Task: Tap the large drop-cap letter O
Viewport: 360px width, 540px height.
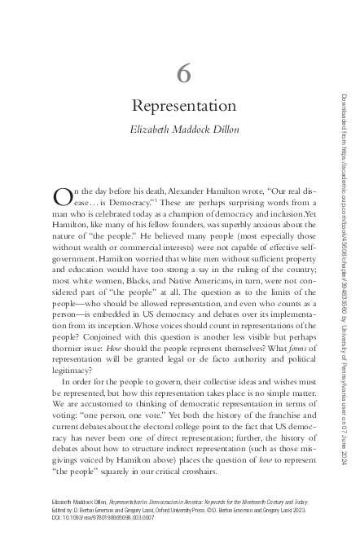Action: (x=62, y=196)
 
